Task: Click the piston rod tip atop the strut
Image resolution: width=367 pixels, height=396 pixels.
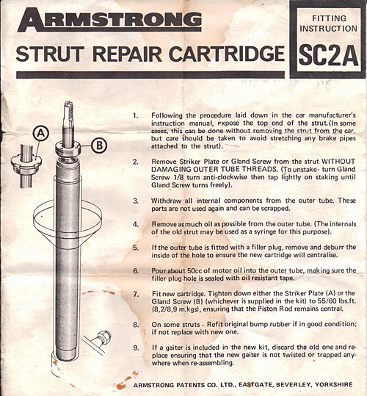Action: pos(68,107)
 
